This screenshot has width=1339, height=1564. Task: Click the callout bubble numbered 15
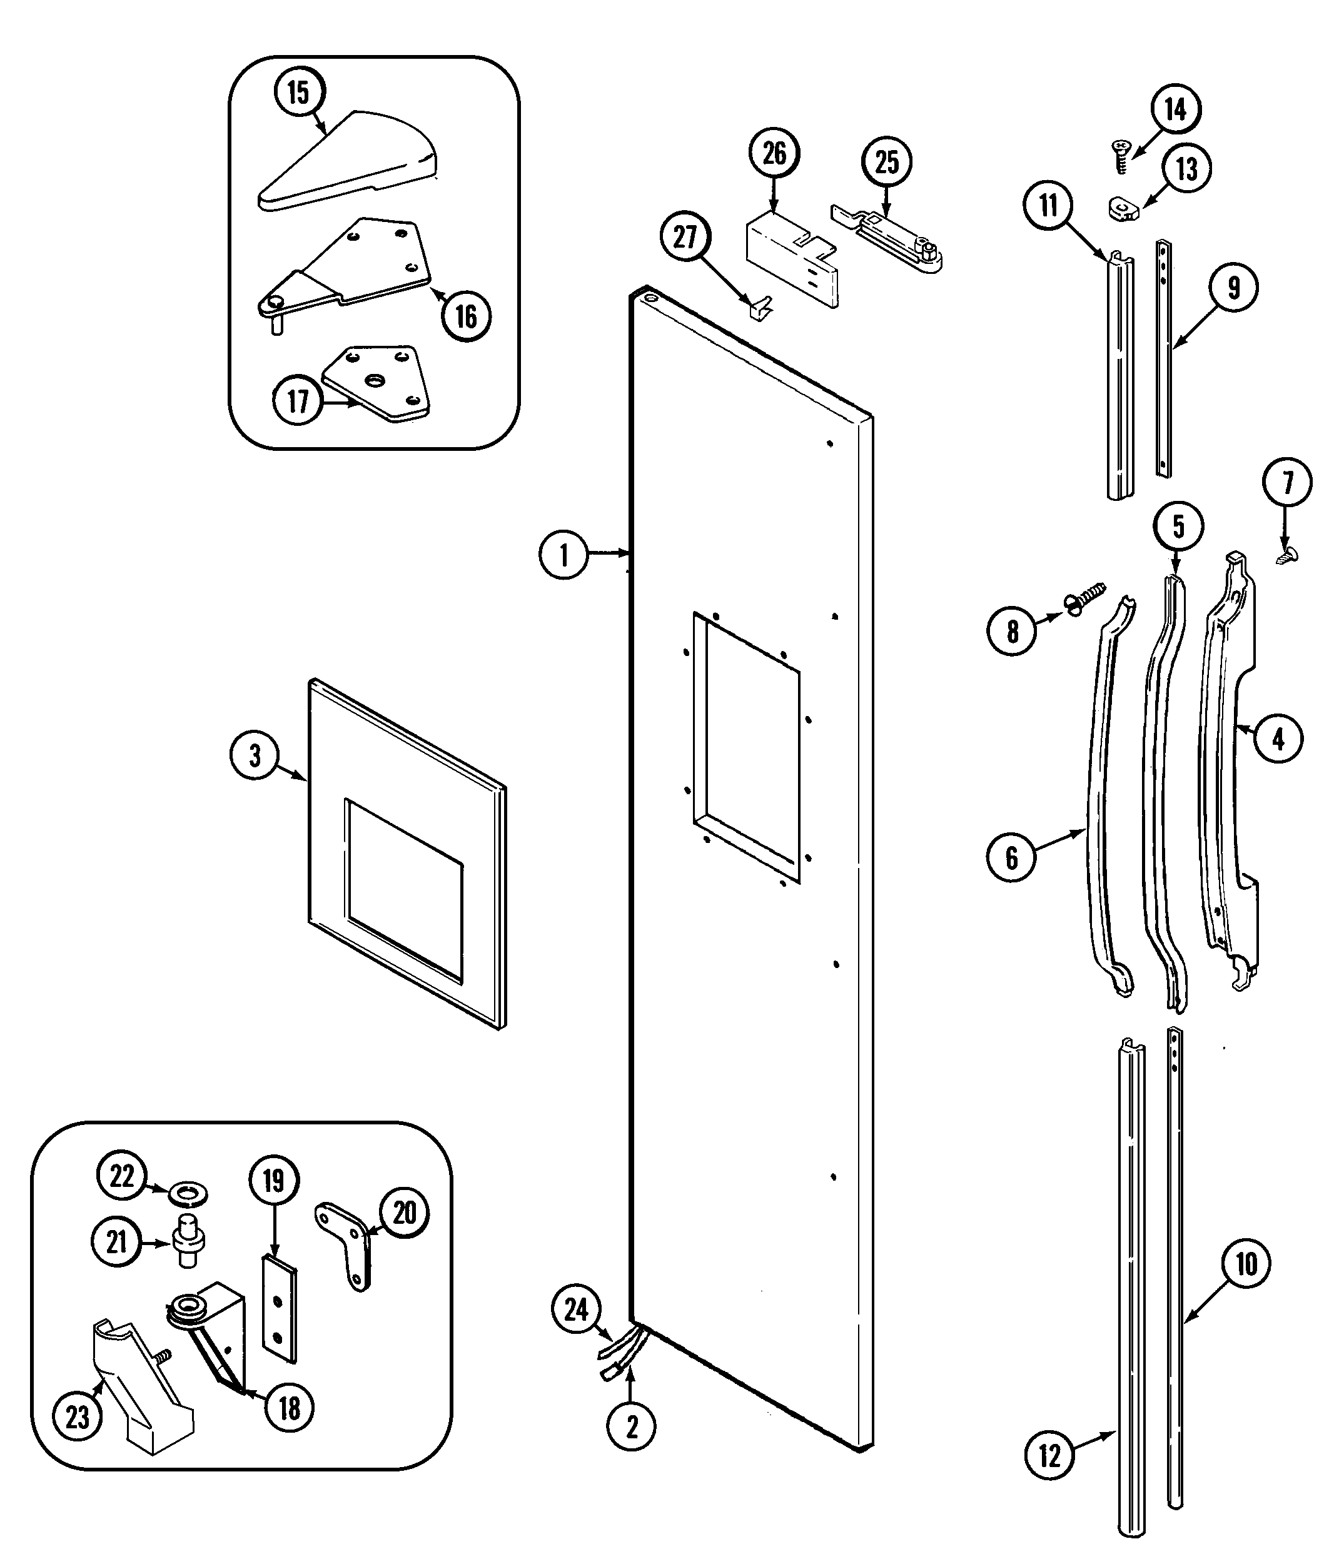pos(299,92)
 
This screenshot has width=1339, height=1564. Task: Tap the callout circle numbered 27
pos(685,237)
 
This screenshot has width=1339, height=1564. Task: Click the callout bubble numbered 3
pos(255,755)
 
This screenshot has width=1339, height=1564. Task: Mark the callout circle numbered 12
pos(1049,1455)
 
